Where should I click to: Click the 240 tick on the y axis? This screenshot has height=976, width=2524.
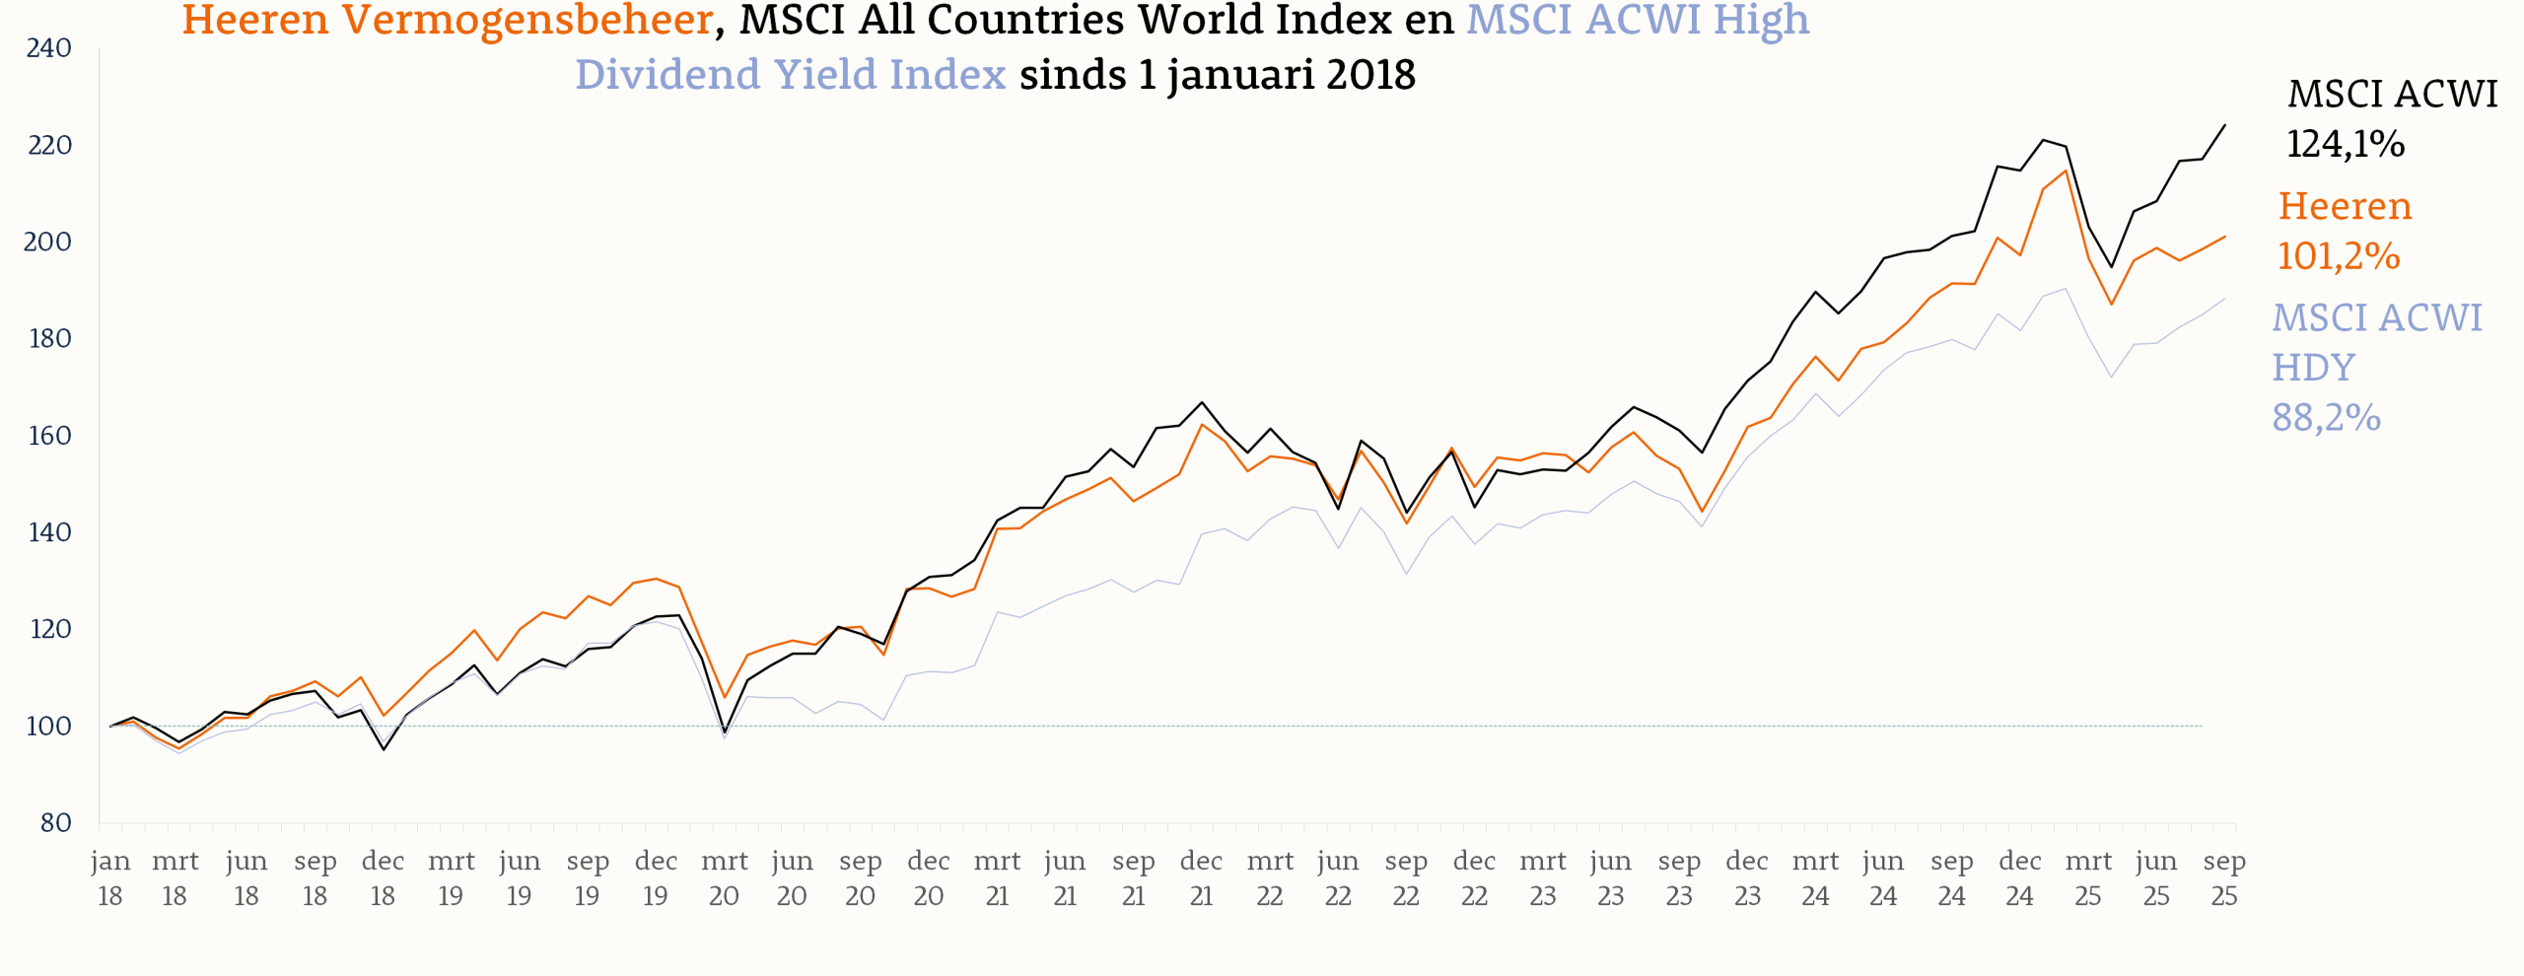48,48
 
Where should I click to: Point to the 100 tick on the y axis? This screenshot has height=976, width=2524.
48,727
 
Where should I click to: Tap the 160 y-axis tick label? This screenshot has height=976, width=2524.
48,436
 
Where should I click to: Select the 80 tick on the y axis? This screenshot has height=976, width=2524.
55,823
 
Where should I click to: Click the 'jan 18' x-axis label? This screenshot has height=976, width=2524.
110,878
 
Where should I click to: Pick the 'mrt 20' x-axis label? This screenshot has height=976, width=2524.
724,878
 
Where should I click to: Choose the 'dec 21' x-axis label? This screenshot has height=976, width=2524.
1201,878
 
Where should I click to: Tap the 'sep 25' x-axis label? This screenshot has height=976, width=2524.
2224,878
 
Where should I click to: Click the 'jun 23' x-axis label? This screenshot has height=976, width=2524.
1610,878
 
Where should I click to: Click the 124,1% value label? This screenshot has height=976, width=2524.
2346,144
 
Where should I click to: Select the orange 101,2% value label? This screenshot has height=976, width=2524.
2338,256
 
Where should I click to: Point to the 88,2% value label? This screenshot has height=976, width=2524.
2326,418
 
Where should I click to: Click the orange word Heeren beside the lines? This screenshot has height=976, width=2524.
2345,206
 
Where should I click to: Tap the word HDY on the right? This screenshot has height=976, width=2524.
2313,368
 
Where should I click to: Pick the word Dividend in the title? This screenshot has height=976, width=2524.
666,75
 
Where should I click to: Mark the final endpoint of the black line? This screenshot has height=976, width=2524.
2224,125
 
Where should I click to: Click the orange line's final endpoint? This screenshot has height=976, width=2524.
2224,237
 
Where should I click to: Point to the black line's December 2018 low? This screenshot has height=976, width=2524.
384,749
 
